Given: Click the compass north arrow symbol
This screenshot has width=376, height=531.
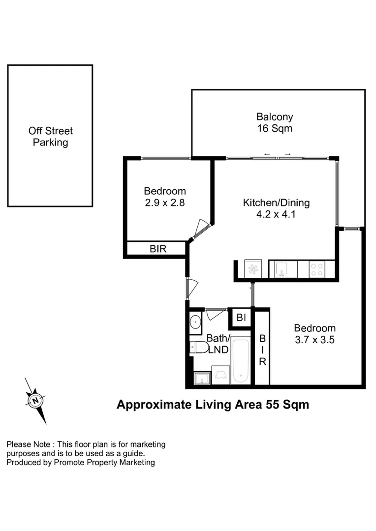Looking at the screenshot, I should pos(35,400).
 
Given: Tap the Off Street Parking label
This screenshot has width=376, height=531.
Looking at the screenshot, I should pos(50,137).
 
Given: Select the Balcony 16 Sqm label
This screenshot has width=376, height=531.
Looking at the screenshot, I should pos(275,123).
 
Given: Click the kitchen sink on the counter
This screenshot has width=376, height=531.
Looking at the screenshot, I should pos(282,269).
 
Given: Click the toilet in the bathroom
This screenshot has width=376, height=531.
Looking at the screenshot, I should pos(200,347).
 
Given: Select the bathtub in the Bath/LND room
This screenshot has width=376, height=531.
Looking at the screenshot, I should pos(241,360).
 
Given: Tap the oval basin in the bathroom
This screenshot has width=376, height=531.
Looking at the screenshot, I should pos(195,322).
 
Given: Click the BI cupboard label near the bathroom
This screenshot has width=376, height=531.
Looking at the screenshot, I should pos(241,318).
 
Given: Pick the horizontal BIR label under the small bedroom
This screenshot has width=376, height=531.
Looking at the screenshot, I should pos(158,249).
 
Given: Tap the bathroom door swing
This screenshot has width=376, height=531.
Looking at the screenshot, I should pos(215,313).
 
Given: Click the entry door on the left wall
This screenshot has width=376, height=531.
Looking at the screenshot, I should pos(192,288).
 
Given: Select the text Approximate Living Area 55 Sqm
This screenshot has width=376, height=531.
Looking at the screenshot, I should pos(213,405).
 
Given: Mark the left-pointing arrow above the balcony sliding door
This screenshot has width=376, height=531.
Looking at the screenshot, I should pos(267,154).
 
